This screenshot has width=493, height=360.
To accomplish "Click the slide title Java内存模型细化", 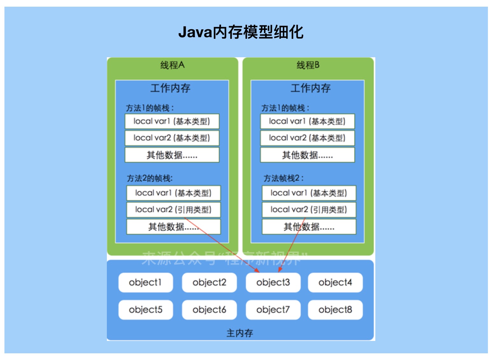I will click(x=241, y=32).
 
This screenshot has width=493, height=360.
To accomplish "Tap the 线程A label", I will click(x=172, y=65).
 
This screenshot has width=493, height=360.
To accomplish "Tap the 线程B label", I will click(x=308, y=65).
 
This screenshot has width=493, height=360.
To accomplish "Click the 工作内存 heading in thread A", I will click(x=170, y=88).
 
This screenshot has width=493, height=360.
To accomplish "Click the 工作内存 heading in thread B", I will click(x=310, y=88).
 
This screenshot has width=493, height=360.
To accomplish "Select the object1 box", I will click(x=145, y=282).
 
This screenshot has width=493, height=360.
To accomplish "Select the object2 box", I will click(x=209, y=282).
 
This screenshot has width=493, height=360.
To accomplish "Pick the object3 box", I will click(x=273, y=282).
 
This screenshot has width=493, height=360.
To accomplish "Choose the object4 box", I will click(x=335, y=282).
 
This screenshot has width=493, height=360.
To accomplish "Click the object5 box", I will click(x=145, y=310).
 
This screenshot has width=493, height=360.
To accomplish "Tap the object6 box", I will click(x=209, y=310).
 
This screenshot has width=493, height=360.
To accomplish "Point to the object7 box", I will click(x=273, y=310).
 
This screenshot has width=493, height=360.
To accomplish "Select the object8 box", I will click(x=335, y=310).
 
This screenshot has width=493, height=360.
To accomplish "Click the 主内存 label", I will click(x=240, y=333).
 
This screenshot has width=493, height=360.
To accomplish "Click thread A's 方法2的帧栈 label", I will click(x=149, y=178).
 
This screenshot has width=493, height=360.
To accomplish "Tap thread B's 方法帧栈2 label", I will click(x=283, y=178).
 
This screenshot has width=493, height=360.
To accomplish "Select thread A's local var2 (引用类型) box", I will click(x=173, y=210).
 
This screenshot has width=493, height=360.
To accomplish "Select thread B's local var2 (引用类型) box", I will click(x=309, y=210).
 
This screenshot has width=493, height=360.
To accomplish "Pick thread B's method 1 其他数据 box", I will click(x=307, y=155).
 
